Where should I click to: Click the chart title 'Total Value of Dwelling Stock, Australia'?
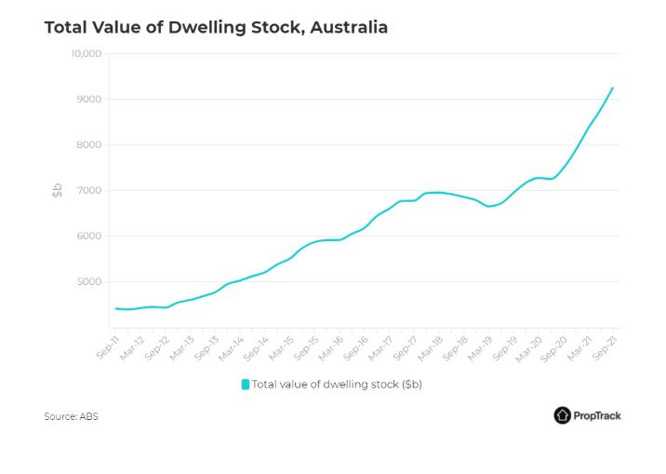point(216,27)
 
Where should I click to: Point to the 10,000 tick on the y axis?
point(86,54)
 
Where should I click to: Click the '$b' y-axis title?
point(57,191)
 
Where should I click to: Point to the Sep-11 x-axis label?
point(107,347)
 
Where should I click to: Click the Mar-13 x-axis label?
point(183,347)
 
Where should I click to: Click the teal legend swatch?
point(246,384)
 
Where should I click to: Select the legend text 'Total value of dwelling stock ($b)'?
point(337,384)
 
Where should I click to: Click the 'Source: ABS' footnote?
point(71,416)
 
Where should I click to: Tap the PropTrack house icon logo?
point(562,415)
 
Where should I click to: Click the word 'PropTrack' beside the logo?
point(598,415)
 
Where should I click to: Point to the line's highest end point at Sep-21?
point(612,88)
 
